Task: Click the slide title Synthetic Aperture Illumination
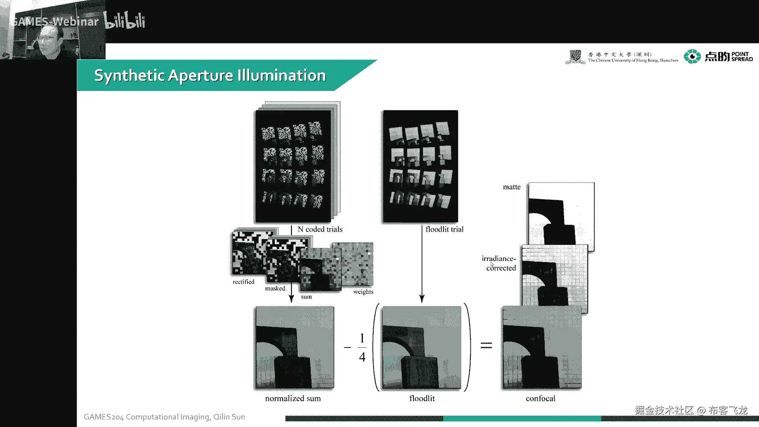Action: (x=210, y=76)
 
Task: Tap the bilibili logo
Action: (x=125, y=21)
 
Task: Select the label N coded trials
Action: (x=320, y=229)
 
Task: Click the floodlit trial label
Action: (x=444, y=229)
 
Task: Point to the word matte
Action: (x=512, y=187)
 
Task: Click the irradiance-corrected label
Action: (x=499, y=263)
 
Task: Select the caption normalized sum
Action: (x=293, y=399)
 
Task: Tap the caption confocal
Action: (x=540, y=399)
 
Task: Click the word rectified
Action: (x=243, y=282)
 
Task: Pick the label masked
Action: (x=275, y=289)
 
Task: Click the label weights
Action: (x=363, y=292)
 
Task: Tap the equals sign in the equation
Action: (x=486, y=346)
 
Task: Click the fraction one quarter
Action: (x=362, y=348)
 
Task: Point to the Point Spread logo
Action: (x=718, y=57)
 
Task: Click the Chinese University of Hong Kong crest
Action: (x=575, y=57)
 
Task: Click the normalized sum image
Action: (x=294, y=348)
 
